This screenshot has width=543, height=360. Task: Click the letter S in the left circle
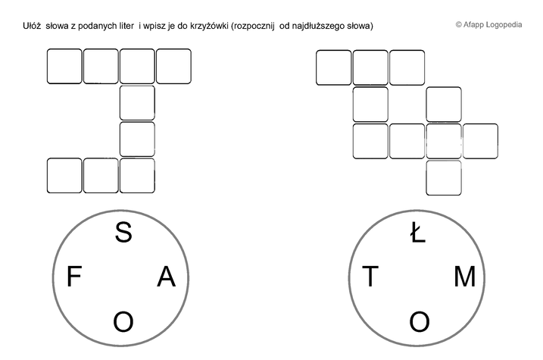(123, 232)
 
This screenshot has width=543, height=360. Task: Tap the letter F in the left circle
(73, 276)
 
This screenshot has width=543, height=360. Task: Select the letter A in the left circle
(167, 277)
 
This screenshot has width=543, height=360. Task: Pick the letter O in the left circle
(123, 321)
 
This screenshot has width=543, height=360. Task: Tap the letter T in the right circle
(370, 276)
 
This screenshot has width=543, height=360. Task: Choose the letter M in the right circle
(465, 277)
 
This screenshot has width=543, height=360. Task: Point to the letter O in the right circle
(420, 321)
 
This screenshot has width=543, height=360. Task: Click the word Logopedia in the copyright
(504, 24)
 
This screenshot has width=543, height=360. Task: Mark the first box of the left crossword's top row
(64, 66)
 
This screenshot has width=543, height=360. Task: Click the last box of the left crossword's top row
(173, 66)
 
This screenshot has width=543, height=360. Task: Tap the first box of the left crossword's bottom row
(64, 175)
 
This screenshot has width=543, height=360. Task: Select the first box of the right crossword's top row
(333, 67)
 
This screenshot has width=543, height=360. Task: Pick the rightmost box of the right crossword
(480, 141)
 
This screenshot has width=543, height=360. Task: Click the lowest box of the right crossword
(444, 178)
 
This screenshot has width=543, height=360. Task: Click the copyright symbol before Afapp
(458, 24)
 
